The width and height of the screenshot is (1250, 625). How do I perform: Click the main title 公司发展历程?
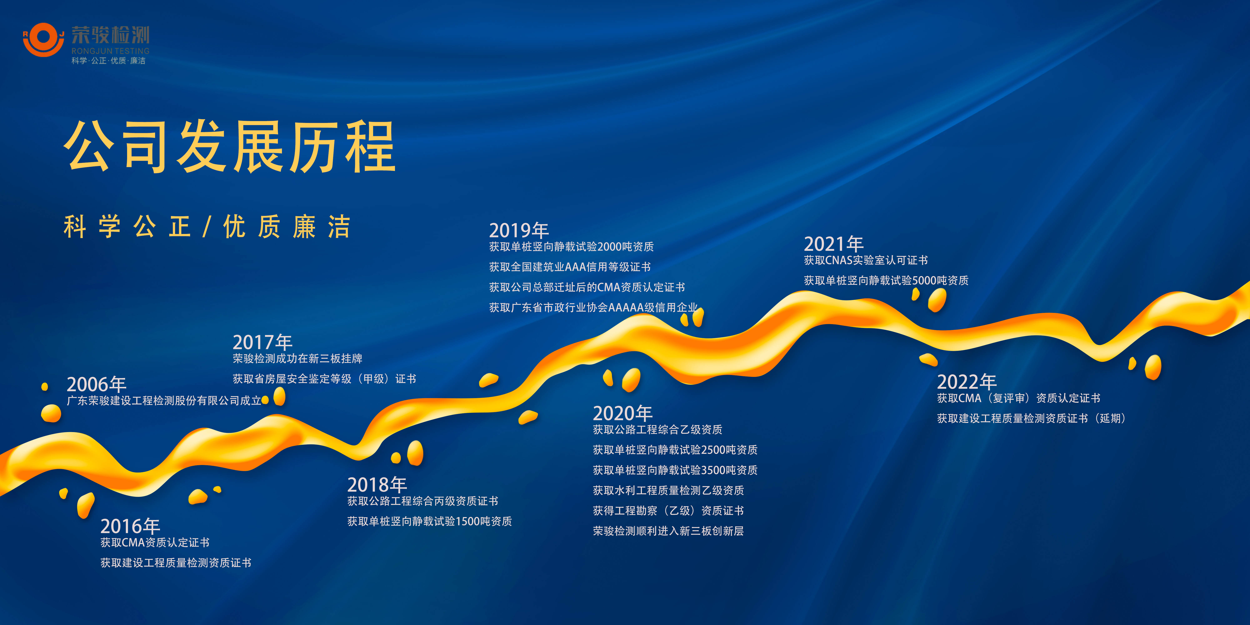[230, 146]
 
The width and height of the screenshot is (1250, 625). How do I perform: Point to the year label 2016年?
[130, 526]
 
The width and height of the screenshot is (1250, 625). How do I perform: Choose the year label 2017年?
[262, 342]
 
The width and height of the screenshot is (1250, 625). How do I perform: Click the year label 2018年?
[377, 485]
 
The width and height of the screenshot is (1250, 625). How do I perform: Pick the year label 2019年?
[519, 230]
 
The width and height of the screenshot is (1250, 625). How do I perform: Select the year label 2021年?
[834, 244]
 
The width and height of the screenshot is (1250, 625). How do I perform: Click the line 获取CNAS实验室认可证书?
[866, 261]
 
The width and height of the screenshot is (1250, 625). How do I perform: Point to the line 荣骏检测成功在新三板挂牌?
[297, 359]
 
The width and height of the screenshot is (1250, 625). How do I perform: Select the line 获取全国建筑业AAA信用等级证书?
[570, 267]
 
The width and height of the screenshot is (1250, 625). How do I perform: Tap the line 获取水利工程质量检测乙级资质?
[668, 491]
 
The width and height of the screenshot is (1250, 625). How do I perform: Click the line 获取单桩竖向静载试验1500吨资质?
[429, 521]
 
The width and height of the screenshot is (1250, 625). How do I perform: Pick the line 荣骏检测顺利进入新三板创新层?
[668, 531]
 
